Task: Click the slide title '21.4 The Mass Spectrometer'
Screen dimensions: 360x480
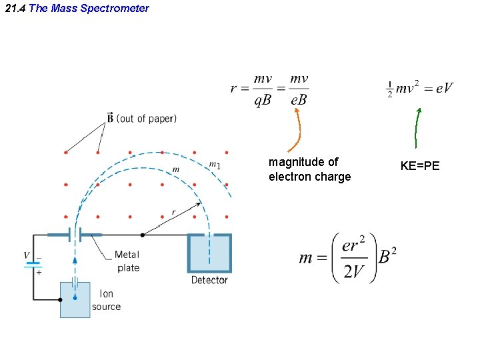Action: tap(77, 9)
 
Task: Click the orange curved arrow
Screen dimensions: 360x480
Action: tap(296, 130)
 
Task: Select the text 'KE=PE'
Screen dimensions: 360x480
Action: tap(419, 166)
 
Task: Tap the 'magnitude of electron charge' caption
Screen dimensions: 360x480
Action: tap(309, 169)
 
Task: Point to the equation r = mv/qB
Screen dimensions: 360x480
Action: tap(269, 89)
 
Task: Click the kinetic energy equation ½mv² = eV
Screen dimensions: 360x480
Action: tap(420, 88)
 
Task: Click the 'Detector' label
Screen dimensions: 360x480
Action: tap(209, 280)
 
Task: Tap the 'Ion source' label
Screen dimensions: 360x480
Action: tap(107, 300)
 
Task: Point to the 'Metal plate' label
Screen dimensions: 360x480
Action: tap(127, 261)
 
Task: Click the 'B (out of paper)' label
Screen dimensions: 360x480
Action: tap(141, 119)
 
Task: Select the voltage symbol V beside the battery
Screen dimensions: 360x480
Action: tap(27, 256)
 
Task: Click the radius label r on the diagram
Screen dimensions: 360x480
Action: tap(174, 212)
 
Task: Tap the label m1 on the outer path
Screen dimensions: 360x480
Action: tap(214, 165)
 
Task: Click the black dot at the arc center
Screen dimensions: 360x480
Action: tap(143, 235)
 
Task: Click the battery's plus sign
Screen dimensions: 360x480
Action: tap(39, 272)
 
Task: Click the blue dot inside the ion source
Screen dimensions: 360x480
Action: tap(75, 297)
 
